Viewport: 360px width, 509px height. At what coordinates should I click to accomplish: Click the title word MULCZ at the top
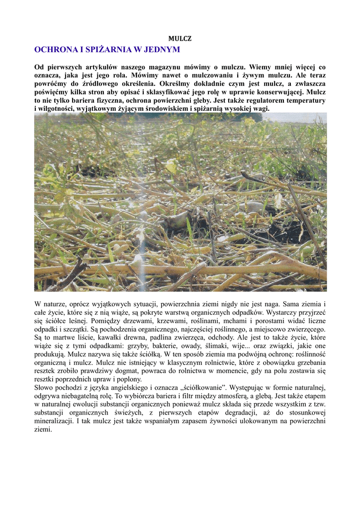coord(180,38)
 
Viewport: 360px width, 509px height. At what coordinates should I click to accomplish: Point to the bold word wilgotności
coord(55,109)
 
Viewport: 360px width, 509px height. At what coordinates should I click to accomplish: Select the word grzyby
coord(149,346)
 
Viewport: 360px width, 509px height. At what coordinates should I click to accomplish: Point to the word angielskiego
coord(126,388)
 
